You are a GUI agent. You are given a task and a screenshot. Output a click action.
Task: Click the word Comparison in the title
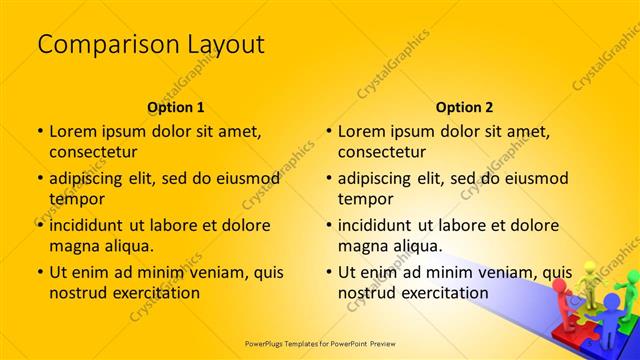(x=94, y=45)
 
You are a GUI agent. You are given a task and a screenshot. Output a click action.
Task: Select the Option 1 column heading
(x=176, y=107)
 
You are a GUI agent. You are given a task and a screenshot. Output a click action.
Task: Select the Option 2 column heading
(x=465, y=107)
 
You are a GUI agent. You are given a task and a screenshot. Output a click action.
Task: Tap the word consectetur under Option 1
(x=93, y=152)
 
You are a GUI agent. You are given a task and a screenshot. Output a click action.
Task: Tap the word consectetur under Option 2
(x=382, y=152)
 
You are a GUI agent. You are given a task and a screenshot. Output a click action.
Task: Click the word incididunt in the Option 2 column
(x=385, y=224)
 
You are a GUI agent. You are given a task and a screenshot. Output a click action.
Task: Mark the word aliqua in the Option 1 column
(x=124, y=245)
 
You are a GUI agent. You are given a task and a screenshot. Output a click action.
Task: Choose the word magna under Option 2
(x=362, y=245)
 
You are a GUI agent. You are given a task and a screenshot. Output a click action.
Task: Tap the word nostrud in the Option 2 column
(x=368, y=293)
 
